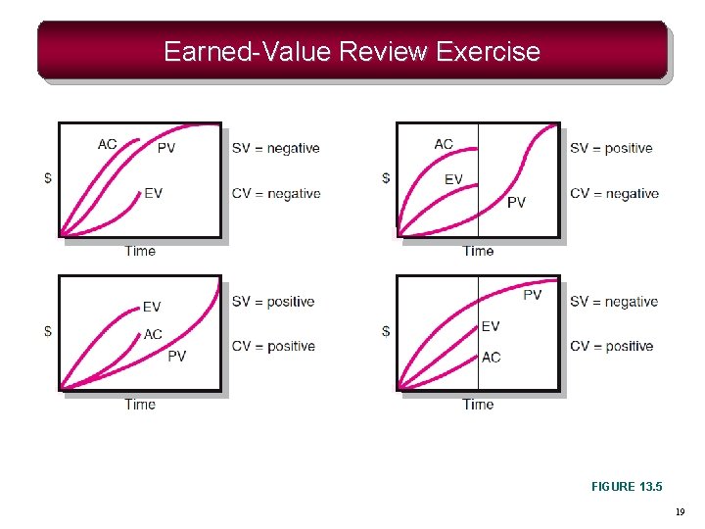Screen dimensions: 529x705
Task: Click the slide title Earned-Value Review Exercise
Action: [352, 51]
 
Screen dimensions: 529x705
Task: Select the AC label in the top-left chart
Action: [108, 144]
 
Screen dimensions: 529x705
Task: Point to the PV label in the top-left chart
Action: [167, 149]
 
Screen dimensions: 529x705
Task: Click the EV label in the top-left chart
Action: [153, 193]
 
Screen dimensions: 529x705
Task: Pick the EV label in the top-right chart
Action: [453, 179]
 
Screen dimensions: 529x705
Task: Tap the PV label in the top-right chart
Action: [516, 203]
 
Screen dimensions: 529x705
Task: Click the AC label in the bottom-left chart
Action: [153, 334]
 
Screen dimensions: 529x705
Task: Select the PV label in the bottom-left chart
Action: [176, 356]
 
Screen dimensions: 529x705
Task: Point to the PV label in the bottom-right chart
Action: [532, 295]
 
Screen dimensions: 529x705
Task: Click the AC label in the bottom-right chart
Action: [492, 357]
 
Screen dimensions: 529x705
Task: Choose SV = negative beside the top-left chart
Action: [275, 149]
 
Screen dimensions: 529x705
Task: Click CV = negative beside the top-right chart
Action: [614, 194]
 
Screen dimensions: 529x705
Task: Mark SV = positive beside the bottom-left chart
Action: [273, 302]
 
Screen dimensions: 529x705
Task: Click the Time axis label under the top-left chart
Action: [140, 251]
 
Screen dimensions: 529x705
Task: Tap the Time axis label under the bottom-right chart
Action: [478, 404]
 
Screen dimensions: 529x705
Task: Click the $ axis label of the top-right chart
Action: [386, 178]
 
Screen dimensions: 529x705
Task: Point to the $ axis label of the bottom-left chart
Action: [48, 331]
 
